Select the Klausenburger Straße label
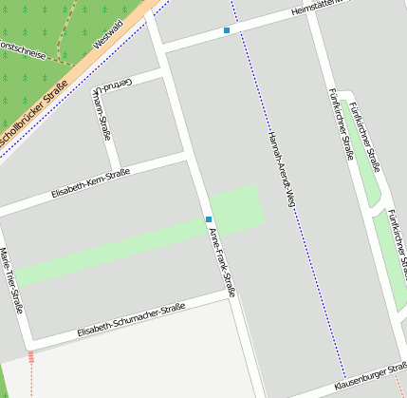pos(369,384)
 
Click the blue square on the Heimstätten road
pos(227,31)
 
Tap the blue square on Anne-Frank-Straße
pos(209,219)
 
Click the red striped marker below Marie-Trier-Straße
pos(31,356)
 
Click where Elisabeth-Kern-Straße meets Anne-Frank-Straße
pos(191,161)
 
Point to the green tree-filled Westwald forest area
pos(38,24)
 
